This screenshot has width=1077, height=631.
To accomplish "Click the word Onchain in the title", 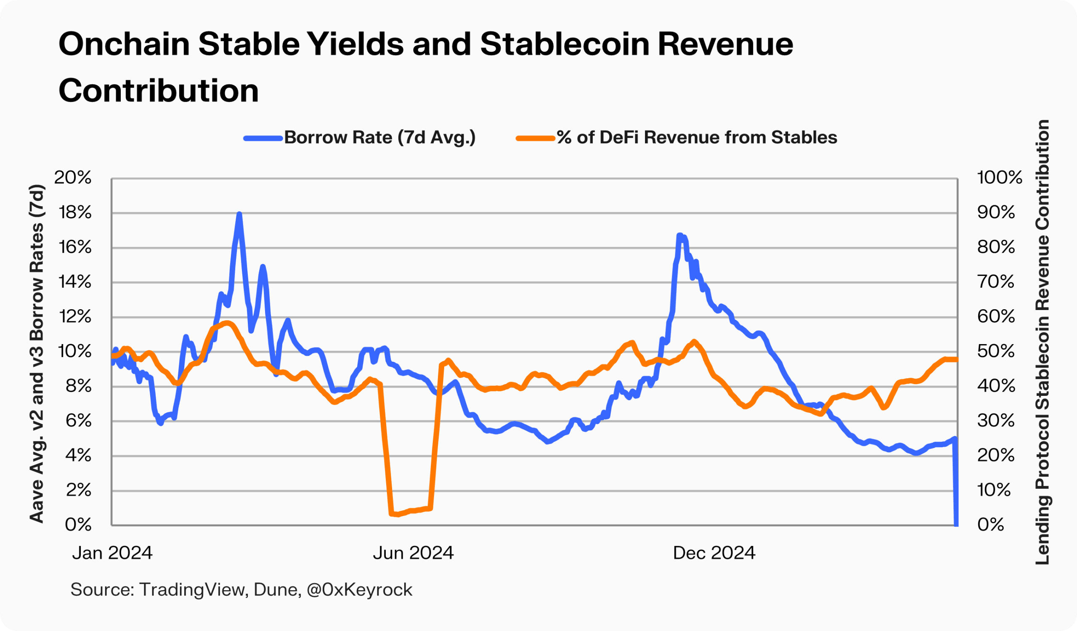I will (124, 45).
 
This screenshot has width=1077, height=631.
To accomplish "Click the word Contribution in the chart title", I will (159, 90).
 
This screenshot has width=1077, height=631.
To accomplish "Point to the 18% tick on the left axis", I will (75, 212).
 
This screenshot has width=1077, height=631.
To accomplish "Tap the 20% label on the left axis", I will (73, 178).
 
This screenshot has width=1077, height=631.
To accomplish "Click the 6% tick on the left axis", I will (79, 421).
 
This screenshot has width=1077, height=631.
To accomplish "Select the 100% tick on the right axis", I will (999, 178).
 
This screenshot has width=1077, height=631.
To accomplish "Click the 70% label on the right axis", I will (995, 282).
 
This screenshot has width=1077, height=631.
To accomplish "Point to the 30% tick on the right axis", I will (995, 421).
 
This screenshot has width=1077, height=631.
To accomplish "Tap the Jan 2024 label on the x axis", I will (112, 553).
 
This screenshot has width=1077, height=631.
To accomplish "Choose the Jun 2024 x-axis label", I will (413, 553).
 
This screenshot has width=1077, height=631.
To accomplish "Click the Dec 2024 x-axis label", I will (714, 553).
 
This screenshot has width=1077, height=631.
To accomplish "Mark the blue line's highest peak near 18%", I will (239, 214).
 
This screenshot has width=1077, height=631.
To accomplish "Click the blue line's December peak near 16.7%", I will (679, 236).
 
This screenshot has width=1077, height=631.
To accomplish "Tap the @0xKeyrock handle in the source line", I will (359, 589).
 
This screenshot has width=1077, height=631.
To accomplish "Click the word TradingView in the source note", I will (193, 589).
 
